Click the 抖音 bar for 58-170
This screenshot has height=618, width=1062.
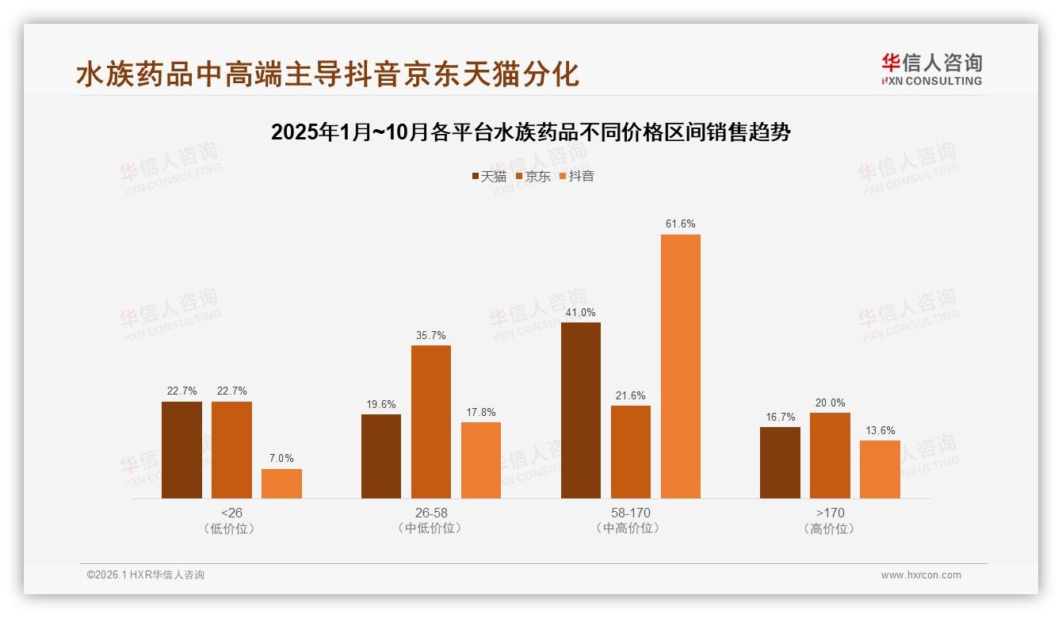(681, 366)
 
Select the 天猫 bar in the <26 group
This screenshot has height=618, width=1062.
(181, 450)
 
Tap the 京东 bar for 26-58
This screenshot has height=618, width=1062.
(430, 422)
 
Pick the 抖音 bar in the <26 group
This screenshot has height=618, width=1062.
(281, 483)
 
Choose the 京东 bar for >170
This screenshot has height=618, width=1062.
(830, 456)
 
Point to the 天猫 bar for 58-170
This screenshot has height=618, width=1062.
(581, 410)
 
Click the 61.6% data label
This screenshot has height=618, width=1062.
(681, 224)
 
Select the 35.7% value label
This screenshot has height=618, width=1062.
(430, 335)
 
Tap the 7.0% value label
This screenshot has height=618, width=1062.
(281, 459)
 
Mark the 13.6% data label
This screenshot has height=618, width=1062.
(880, 431)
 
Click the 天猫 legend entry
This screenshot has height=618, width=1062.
(489, 176)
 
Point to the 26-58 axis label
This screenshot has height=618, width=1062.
(430, 513)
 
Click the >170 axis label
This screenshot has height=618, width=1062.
(830, 513)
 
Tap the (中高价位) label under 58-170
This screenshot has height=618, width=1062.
(630, 528)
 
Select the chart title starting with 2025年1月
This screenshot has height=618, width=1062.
(531, 132)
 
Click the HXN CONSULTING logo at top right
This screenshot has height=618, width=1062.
(931, 70)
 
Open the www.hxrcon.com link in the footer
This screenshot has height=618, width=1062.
(921, 575)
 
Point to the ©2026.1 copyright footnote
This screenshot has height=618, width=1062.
(146, 575)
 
